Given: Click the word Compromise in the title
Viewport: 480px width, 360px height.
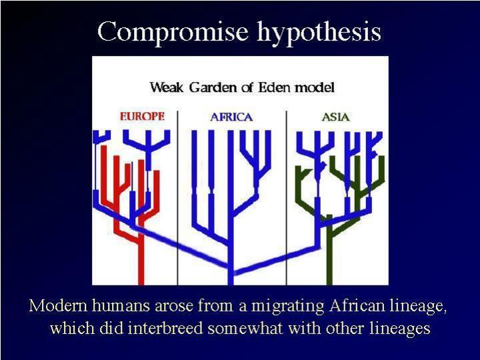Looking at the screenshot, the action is point(173,32).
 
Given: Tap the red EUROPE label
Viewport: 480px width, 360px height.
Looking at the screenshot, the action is point(143,116).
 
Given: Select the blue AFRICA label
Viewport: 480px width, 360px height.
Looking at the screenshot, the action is point(231,117).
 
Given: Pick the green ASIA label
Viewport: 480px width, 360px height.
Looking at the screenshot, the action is point(335,117).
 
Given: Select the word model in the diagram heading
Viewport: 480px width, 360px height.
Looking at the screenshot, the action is point(315,87).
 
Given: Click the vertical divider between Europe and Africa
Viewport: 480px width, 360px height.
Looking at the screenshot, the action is point(177,198).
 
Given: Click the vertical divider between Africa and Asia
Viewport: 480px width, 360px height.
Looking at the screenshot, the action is point(287,198).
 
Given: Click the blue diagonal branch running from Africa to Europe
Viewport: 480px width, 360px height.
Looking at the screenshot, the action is point(181,247).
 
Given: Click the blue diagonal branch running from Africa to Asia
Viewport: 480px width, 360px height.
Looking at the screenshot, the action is point(277,259).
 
